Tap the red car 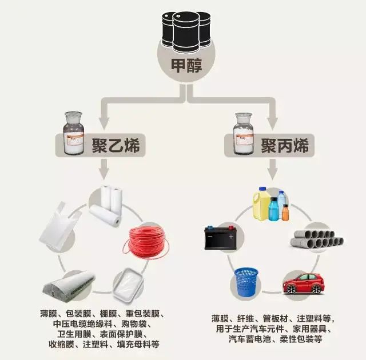coord(303,283)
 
